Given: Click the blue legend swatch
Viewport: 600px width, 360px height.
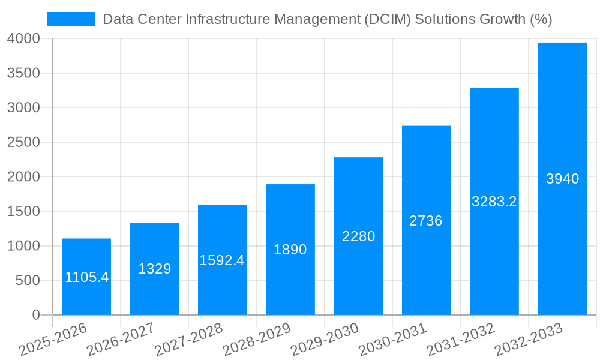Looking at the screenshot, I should pos(71,19).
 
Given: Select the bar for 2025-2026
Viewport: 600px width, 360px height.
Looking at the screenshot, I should pos(86,277).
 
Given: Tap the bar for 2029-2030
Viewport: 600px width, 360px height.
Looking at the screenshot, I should pos(358,236).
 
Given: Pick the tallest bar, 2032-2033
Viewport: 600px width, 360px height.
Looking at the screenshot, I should pos(562,178).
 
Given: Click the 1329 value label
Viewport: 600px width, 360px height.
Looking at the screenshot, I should pos(154,269).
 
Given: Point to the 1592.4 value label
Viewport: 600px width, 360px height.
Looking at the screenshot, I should pos(222,260).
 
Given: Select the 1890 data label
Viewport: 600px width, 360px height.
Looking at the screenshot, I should pos(290,250).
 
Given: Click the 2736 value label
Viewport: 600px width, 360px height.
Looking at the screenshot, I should pos(426,221).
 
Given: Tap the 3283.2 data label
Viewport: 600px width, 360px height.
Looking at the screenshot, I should pos(494,202).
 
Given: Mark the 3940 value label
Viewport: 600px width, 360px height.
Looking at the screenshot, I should pos(562,179).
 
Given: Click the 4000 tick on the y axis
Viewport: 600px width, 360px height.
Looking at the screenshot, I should pos(23,38).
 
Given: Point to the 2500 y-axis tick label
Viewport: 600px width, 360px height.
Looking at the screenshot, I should pos(23,142).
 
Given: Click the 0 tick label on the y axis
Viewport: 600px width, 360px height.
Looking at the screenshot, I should pos(35,315).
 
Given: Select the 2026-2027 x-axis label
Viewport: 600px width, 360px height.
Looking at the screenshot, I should pos(121,340).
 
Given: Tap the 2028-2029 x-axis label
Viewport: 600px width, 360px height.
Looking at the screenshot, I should pos(257,340).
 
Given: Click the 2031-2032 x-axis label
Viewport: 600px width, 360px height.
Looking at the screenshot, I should pos(461,340).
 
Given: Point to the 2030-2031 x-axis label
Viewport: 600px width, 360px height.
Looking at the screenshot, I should pos(393,340).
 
